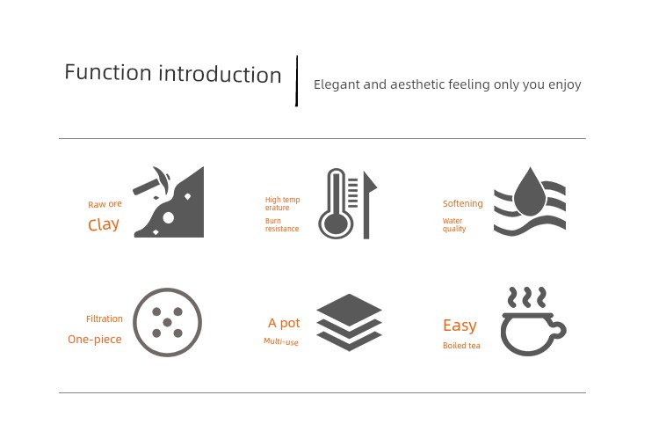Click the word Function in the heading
(108, 72)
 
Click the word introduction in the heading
(220, 74)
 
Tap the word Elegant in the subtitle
(337, 84)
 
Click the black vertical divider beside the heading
(297, 81)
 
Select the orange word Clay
(104, 224)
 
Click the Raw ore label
(105, 204)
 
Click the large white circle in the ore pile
(168, 218)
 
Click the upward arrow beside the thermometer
(368, 205)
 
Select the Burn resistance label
(281, 224)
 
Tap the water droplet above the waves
(530, 192)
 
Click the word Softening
(463, 203)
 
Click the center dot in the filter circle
(167, 323)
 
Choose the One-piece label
(95, 339)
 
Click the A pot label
(284, 323)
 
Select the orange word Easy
(460, 326)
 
